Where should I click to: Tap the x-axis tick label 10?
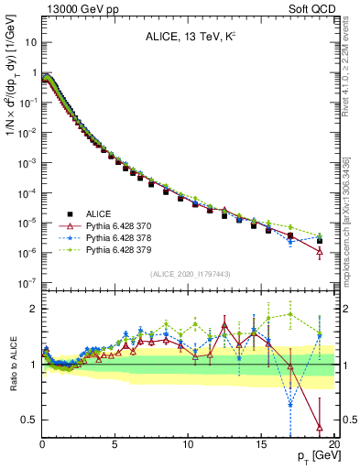(x=188, y=443)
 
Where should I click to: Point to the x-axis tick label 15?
(x=261, y=443)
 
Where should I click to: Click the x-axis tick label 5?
(x=115, y=443)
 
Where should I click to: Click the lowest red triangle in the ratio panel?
(x=319, y=427)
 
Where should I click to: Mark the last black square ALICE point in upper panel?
(x=319, y=241)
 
